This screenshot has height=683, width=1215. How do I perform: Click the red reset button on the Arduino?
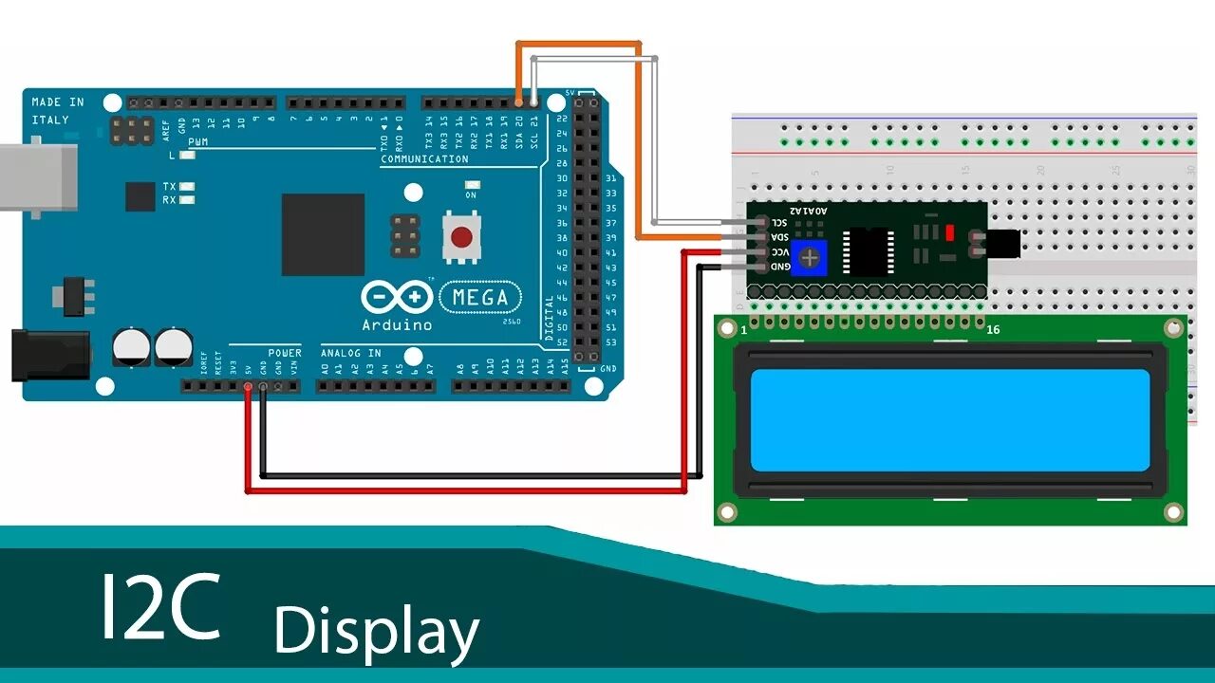[461, 237]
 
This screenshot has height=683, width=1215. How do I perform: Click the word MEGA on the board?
[480, 298]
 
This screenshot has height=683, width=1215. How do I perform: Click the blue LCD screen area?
[949, 419]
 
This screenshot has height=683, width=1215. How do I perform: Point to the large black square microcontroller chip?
[323, 234]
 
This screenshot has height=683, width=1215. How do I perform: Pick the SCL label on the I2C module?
[779, 222]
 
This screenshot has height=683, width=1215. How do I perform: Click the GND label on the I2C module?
[779, 267]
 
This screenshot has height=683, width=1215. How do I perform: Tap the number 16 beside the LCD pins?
[993, 329]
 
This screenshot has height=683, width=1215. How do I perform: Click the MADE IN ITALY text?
[57, 111]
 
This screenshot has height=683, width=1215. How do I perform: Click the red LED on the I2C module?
[948, 232]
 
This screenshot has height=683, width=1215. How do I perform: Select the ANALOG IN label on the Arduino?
[351, 353]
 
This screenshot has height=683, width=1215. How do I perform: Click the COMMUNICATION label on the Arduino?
[424, 159]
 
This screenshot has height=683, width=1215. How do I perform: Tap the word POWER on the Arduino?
[284, 353]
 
